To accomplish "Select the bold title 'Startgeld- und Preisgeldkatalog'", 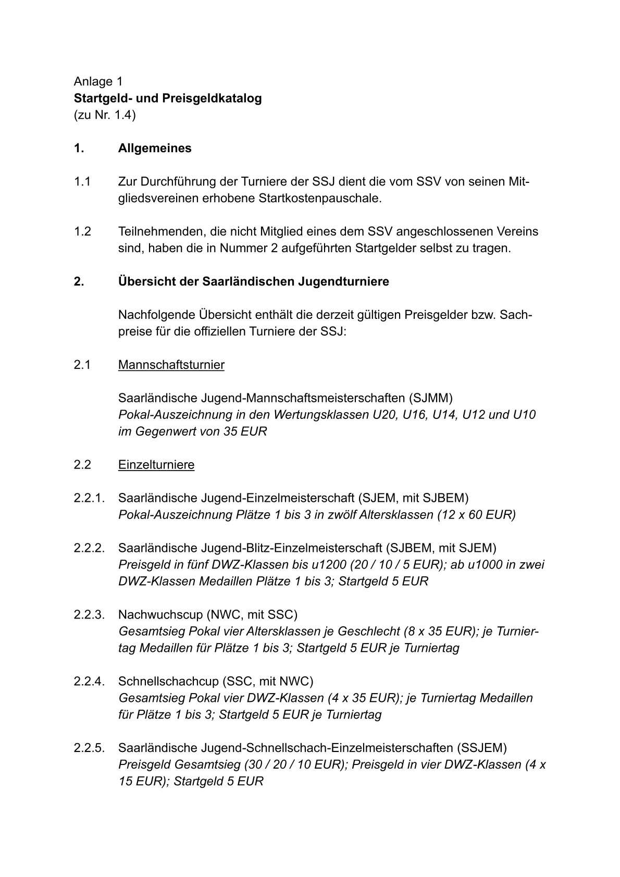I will click(x=167, y=98).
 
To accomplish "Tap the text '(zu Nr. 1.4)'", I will click(x=104, y=115).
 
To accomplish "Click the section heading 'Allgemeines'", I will click(x=155, y=148).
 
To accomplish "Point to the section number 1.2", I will click(x=82, y=231).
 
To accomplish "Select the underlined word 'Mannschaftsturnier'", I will click(x=171, y=365).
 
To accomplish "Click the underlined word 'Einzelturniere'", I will click(x=156, y=465).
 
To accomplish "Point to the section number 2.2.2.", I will click(x=90, y=548).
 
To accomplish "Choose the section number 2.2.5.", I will click(x=90, y=748).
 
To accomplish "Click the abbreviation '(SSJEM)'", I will click(x=482, y=748).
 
